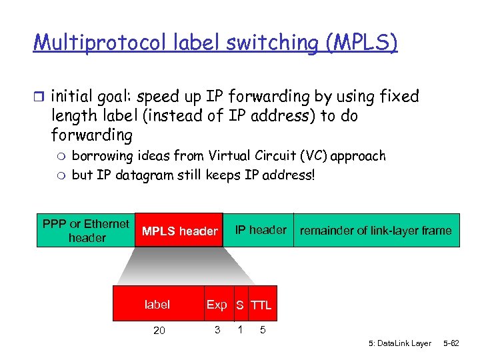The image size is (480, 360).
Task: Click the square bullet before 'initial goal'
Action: [39, 97]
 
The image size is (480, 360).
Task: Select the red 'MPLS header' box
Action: [179, 231]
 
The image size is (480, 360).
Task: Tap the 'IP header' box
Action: [261, 230]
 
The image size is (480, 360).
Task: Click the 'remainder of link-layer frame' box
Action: [376, 231]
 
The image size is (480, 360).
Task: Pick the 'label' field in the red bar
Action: [157, 305]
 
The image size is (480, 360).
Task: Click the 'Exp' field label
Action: [217, 305]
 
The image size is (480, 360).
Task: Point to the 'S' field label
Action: [239, 305]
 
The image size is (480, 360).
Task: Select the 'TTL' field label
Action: [261, 305]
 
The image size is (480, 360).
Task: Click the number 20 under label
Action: [159, 331]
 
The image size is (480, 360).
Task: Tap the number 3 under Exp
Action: [217, 329]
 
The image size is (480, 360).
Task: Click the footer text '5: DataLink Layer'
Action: [399, 343]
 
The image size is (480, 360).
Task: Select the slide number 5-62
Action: [451, 343]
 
